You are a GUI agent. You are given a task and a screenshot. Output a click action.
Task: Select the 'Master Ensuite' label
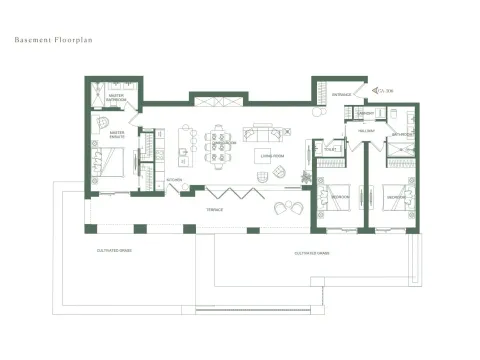tap(117, 133)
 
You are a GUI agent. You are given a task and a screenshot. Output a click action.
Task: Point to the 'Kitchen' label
tap(174, 180)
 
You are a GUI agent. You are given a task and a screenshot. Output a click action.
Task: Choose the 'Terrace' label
tap(215, 210)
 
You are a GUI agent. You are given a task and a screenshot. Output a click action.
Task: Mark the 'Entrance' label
tap(342, 94)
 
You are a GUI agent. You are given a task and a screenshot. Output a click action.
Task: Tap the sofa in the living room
tap(264, 132)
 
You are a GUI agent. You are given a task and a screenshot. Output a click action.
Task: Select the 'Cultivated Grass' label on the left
tap(113, 249)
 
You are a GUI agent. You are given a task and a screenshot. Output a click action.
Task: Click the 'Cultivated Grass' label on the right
tap(312, 254)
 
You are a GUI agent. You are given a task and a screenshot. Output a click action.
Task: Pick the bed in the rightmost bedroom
tap(398, 196)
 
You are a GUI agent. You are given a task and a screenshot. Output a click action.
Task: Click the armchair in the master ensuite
tap(103, 121)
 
